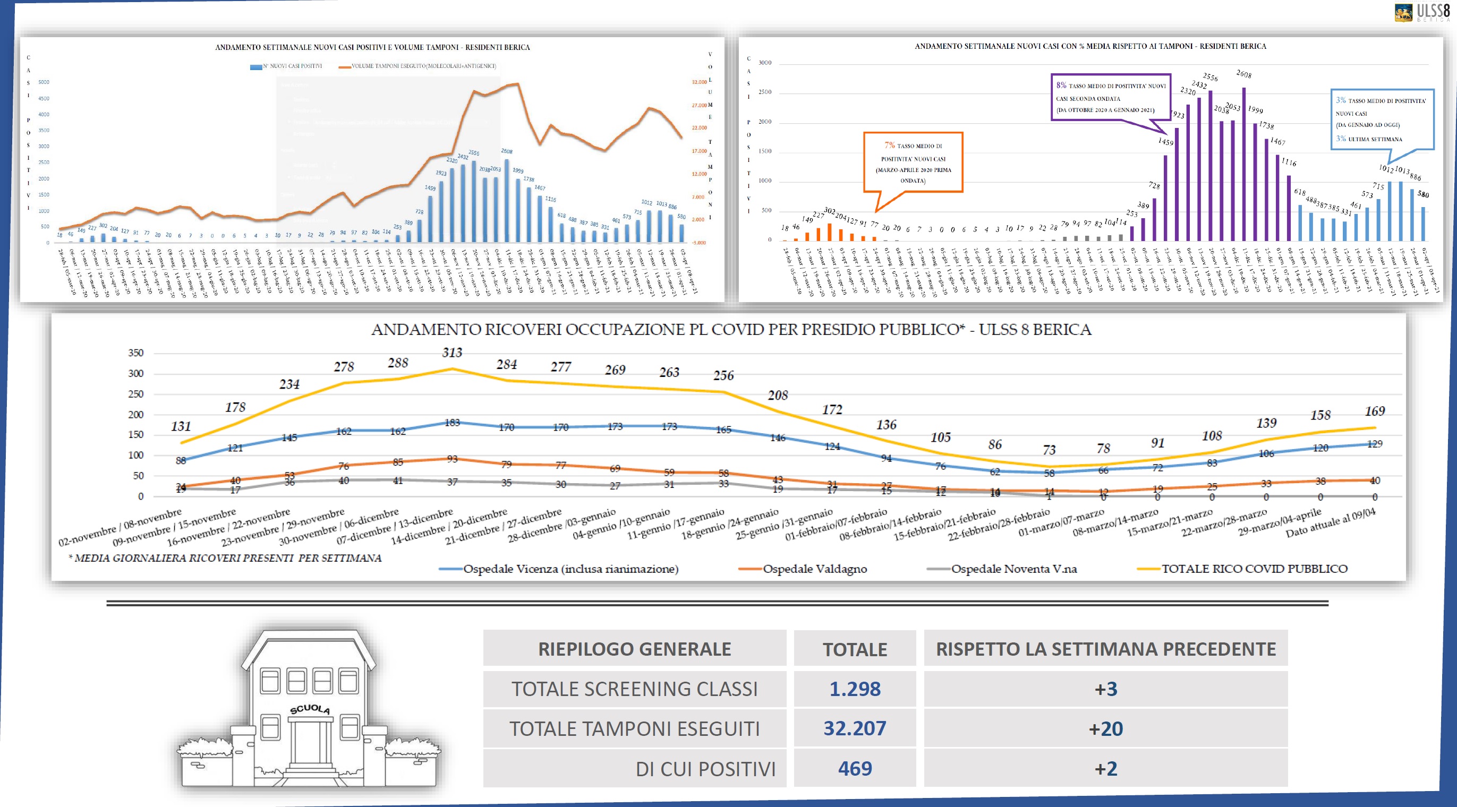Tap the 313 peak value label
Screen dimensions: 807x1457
coord(452,353)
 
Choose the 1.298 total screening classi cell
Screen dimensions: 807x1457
coord(855,689)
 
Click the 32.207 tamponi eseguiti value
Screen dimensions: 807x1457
coord(855,728)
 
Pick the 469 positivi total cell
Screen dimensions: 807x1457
coord(855,769)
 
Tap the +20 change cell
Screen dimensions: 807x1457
coord(1106,728)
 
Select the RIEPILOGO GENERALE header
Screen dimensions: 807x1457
coord(634,649)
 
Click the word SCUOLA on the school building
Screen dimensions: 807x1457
coord(309,709)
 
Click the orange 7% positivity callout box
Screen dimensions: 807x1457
coord(913,162)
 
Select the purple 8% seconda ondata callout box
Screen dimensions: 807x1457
coord(1110,97)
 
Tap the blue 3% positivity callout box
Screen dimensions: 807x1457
coord(1382,119)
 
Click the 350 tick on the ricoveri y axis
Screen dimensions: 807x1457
coord(136,353)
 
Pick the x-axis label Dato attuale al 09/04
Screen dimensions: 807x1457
coord(1330,523)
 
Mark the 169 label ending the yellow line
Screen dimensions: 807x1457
coord(1375,411)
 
